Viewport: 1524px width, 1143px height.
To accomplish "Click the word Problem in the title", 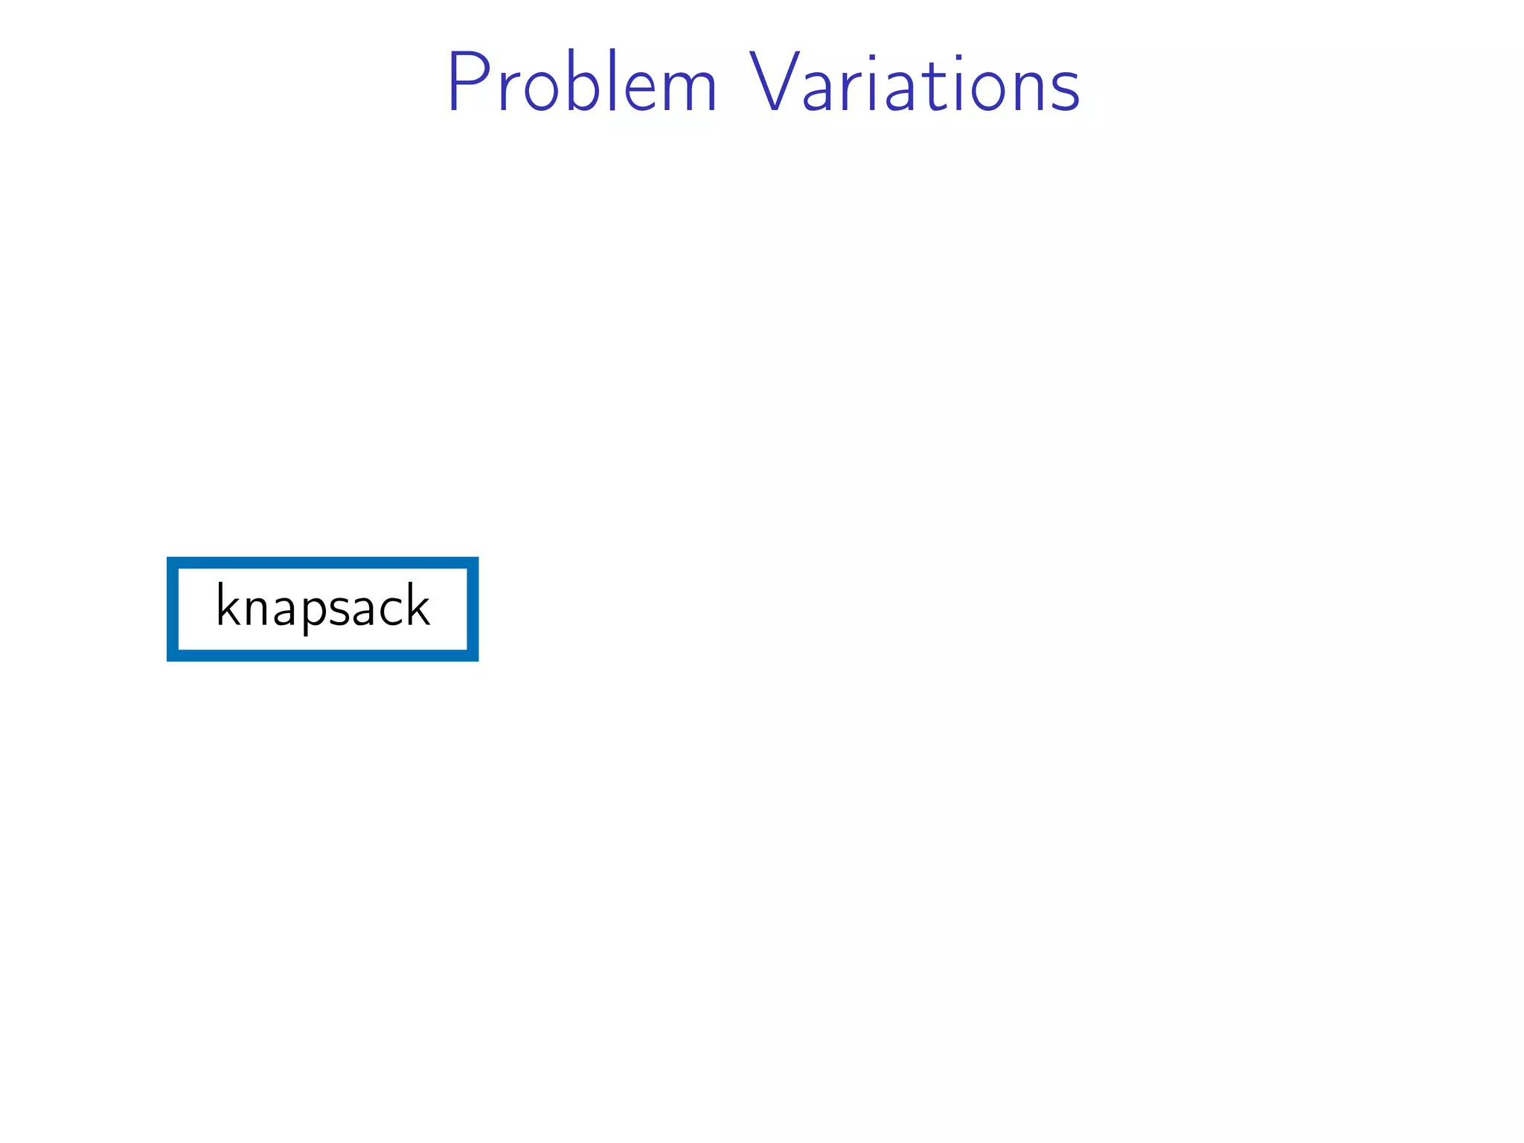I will tap(581, 83).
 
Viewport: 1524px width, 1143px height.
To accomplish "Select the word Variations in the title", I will tap(914, 83).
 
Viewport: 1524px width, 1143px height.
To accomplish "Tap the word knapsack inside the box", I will tap(322, 607).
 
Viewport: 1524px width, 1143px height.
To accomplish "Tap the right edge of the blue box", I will tap(473, 609).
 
